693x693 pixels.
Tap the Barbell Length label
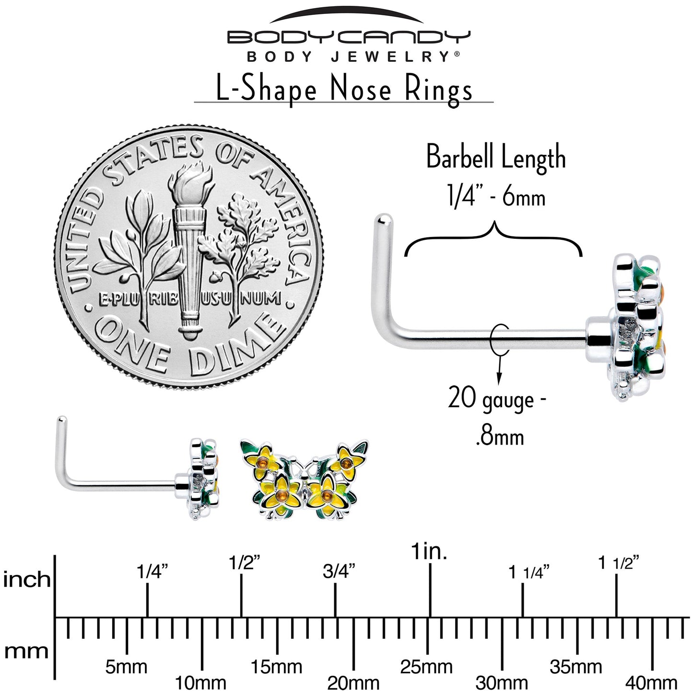496,158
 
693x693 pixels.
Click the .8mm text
500,438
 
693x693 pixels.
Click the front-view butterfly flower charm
305,478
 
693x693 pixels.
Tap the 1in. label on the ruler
429,552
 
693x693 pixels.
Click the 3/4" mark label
339,572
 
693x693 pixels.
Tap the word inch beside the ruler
26,579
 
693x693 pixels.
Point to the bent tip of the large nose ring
383,218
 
